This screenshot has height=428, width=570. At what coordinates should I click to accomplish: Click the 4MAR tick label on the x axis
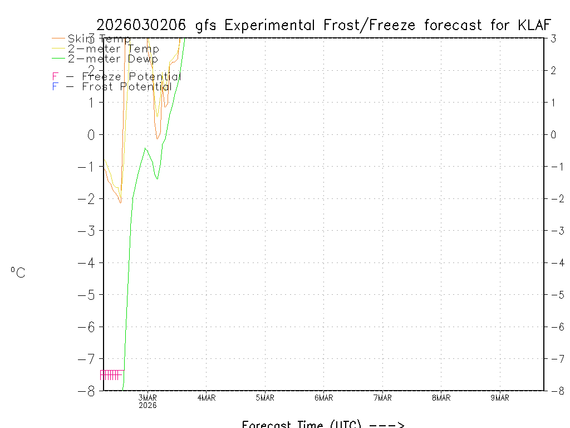click(x=207, y=398)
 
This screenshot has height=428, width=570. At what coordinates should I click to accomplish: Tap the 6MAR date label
click(x=323, y=398)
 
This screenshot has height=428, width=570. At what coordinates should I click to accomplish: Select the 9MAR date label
click(x=499, y=398)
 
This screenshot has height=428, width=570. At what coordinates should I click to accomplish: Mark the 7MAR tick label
click(x=382, y=398)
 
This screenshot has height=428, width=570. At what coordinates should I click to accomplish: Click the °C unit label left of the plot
click(x=18, y=273)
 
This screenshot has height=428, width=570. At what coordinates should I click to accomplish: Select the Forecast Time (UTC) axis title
click(x=322, y=424)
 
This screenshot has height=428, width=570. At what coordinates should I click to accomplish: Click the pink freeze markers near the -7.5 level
click(x=110, y=374)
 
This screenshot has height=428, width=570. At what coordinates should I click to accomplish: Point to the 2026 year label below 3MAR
click(x=148, y=406)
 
